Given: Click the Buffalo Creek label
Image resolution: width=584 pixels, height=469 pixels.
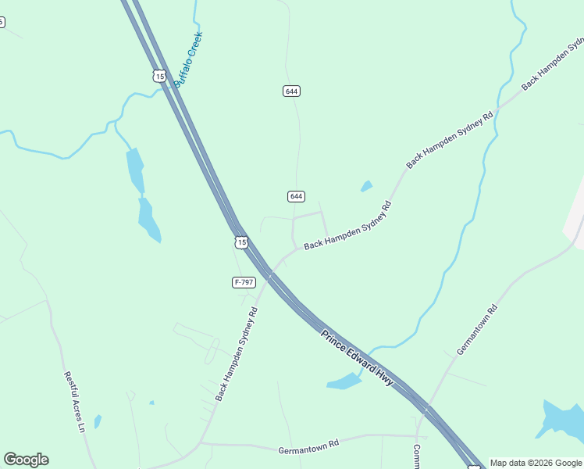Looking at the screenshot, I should [189, 59].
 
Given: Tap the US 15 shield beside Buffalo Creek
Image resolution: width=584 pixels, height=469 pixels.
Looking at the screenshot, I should [159, 76].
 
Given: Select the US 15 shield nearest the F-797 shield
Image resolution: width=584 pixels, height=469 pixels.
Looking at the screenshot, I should [242, 242].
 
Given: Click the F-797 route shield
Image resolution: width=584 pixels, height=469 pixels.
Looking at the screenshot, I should [244, 281].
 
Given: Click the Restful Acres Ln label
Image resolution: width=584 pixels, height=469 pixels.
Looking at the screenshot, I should [74, 401].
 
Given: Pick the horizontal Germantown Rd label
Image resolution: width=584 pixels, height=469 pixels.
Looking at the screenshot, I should [308, 446].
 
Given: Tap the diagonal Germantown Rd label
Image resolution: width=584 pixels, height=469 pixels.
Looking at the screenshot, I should [477, 330].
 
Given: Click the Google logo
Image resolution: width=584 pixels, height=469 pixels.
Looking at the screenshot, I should [26, 460].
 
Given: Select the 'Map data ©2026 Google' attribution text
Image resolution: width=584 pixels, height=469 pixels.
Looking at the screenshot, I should [536, 463].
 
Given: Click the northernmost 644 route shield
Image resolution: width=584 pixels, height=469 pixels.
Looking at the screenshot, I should [291, 91].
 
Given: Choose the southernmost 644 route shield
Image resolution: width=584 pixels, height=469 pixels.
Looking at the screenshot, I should [296, 196].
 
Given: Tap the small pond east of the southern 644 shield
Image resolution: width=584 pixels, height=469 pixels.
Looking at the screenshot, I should [366, 186].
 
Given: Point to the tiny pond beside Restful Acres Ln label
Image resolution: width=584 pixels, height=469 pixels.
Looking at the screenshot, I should [98, 421].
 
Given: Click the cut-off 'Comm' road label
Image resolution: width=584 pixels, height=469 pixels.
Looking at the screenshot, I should [417, 456].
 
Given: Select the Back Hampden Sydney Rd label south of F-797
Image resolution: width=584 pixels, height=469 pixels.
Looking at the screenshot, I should [236, 354].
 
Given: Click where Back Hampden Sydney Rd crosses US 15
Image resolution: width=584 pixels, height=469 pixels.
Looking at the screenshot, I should [269, 274].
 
